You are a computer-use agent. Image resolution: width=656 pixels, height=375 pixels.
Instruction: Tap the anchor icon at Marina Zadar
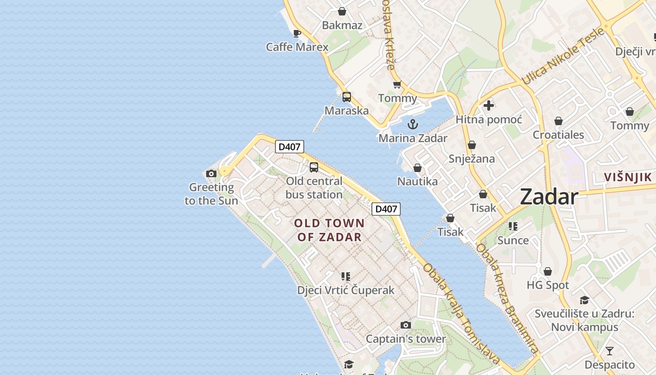413,124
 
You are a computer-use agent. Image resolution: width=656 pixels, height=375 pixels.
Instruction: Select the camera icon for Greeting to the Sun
211,173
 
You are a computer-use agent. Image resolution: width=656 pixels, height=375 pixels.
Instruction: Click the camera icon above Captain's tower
406,325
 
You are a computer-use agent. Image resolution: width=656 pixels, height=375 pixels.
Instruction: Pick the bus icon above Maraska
347,97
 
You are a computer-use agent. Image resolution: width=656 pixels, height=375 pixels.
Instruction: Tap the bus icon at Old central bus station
314,167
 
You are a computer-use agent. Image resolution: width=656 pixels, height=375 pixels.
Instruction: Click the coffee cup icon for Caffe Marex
297,33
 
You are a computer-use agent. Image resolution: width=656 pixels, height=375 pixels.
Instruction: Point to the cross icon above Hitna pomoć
489,105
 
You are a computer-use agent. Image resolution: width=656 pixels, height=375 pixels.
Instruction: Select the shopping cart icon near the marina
397,84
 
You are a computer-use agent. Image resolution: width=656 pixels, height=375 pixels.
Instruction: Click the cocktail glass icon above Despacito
609,351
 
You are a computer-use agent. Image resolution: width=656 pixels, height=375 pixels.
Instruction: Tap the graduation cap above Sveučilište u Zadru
584,300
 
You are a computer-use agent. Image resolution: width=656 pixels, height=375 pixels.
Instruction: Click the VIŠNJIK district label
628,177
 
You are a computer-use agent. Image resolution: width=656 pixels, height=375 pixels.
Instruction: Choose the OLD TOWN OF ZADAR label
329,230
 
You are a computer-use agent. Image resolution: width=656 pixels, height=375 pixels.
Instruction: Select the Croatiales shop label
558,135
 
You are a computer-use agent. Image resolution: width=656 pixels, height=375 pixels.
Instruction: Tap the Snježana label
471,158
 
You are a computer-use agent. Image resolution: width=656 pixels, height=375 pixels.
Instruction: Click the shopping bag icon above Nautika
417,168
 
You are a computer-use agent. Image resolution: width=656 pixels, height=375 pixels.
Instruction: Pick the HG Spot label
548,285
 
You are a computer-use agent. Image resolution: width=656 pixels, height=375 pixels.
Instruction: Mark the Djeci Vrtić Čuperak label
346,290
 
